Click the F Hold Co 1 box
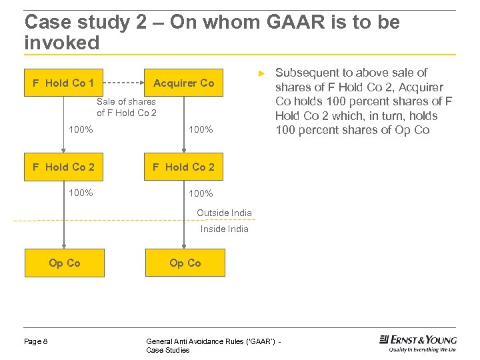pos(64,83)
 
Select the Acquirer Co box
pos(184,83)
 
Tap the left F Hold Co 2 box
pos(64,167)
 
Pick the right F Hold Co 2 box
pos(184,167)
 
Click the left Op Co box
pos(64,263)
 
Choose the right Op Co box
pos(185,263)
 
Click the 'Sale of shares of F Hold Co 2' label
pos(126,107)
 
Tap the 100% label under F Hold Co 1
pos(81,130)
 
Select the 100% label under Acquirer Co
pos(201,130)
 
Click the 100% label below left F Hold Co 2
pos(81,193)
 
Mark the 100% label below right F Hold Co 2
pos(201,194)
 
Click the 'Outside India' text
pos(224,213)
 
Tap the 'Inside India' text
pos(224,229)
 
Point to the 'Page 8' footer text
pos(36,341)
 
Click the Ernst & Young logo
pos(418,343)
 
